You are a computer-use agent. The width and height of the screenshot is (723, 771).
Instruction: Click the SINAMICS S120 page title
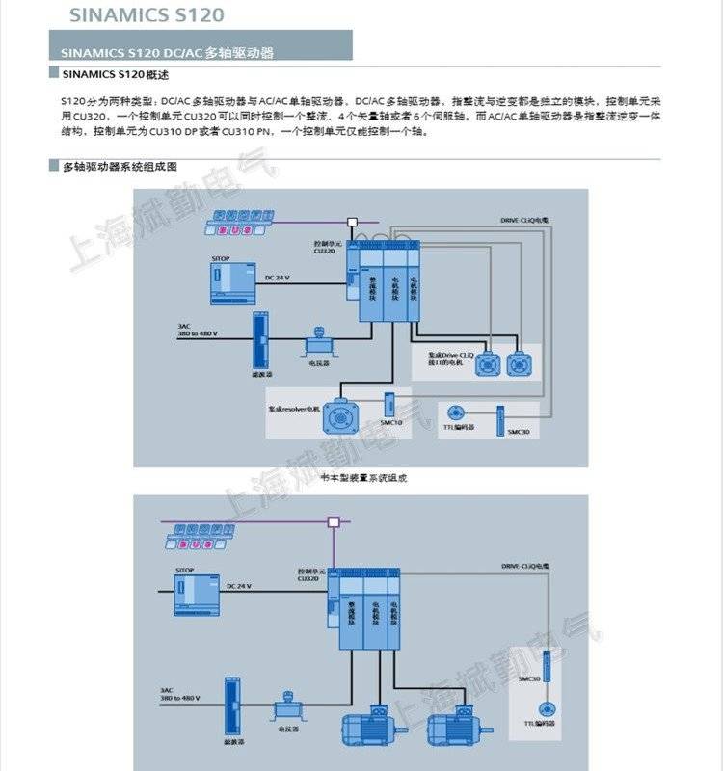[x=147, y=14]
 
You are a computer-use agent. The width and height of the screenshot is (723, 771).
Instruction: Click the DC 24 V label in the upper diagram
[x=277, y=278]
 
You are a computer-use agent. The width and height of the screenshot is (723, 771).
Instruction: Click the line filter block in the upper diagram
[x=257, y=340]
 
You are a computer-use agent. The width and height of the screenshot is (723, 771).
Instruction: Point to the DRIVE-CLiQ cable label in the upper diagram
[x=524, y=221]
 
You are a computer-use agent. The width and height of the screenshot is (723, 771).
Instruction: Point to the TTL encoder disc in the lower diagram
[x=548, y=706]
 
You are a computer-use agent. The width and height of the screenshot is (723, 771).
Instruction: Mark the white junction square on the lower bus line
[x=334, y=523]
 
